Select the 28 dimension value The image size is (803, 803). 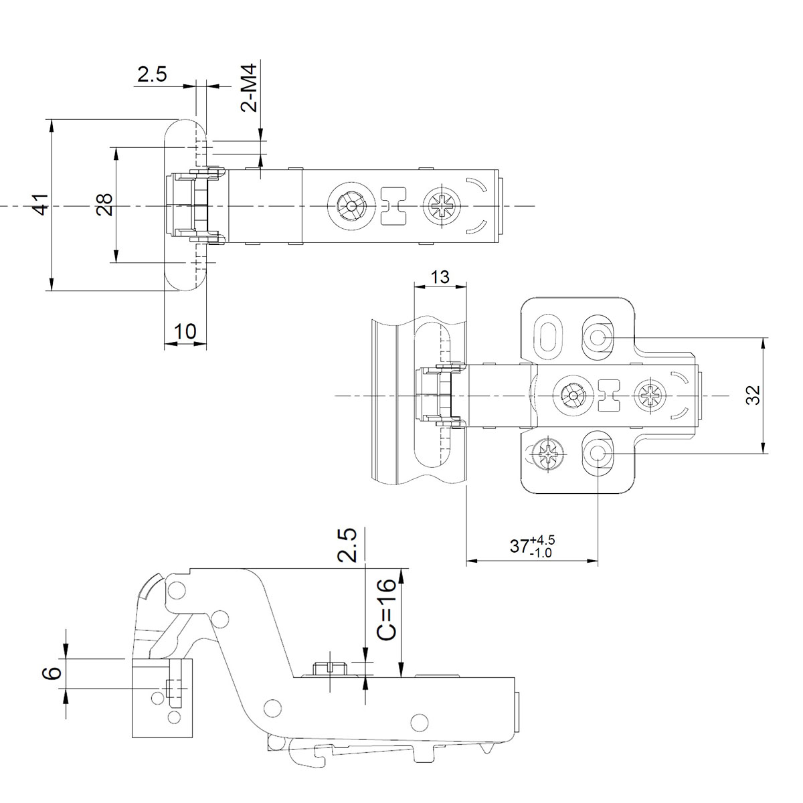[x=104, y=204]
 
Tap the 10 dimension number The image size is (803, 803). [x=185, y=331]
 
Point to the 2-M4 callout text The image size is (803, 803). [x=250, y=88]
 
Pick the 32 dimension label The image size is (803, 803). [x=753, y=395]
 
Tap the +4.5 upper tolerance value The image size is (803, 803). [x=542, y=539]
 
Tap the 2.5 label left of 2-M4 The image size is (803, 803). [x=152, y=74]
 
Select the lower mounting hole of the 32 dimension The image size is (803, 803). [x=597, y=454]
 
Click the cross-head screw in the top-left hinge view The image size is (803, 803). [x=443, y=206]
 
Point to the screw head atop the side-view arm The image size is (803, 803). [x=330, y=667]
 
